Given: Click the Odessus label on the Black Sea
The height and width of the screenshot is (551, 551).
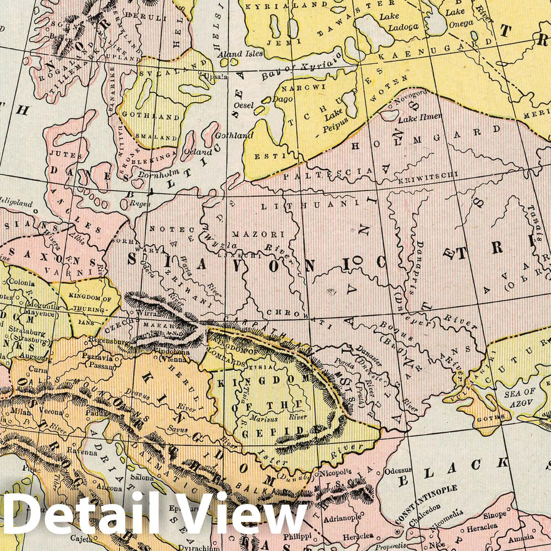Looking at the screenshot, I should click(x=398, y=471).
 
